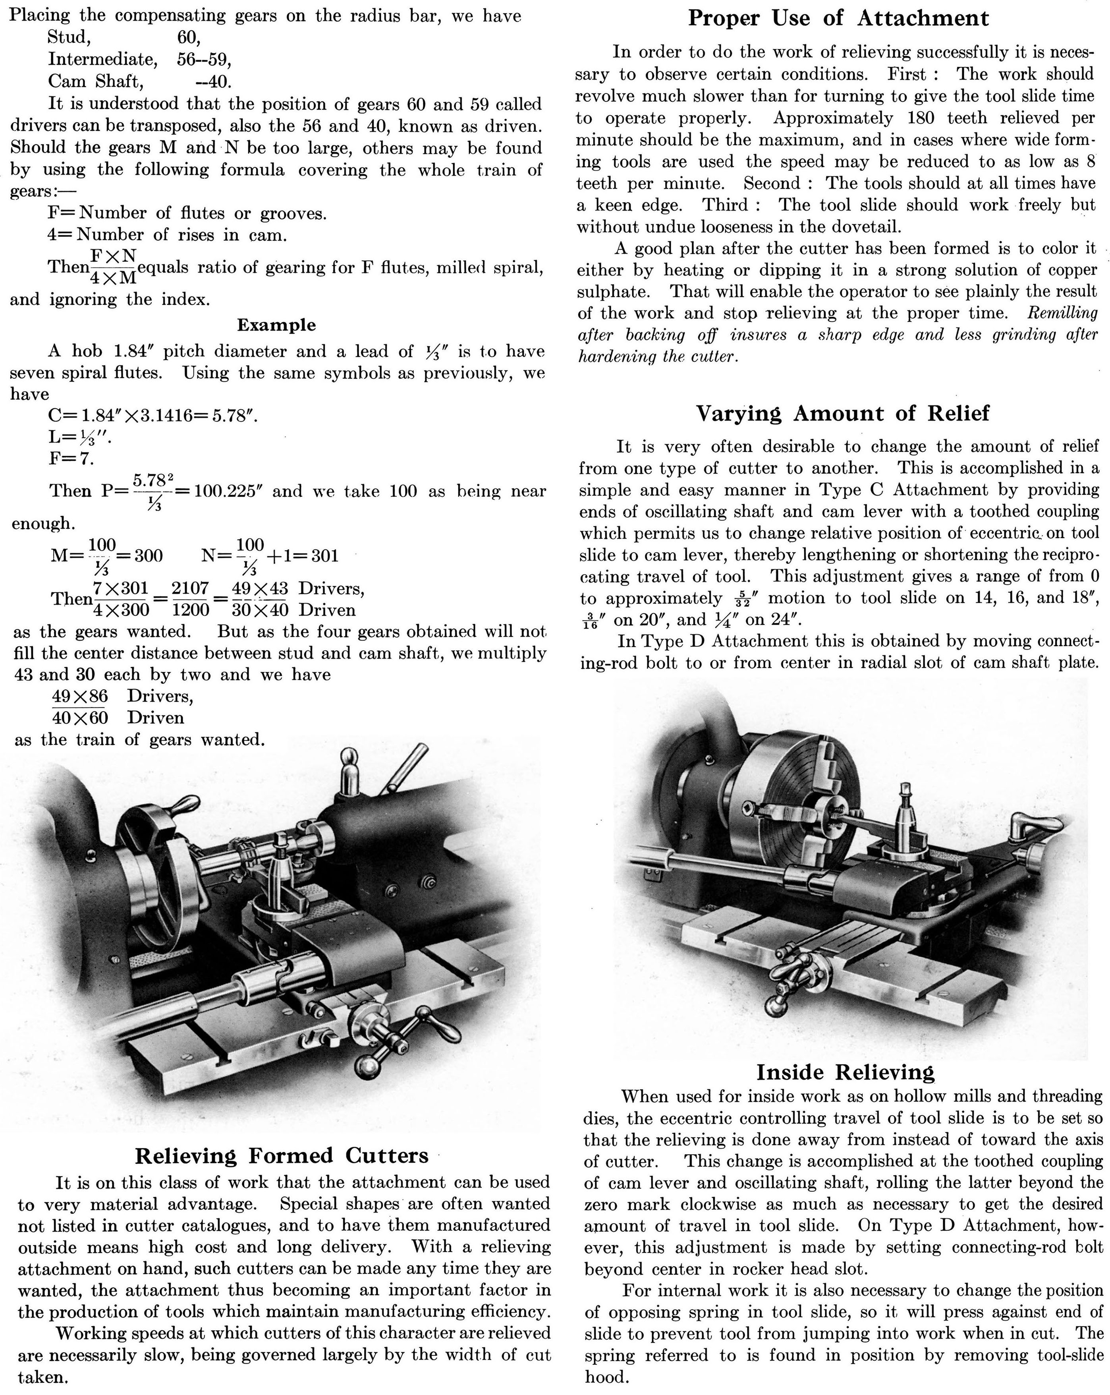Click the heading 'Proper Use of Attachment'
pyautogui.click(x=838, y=18)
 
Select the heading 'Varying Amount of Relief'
pyautogui.click(x=842, y=413)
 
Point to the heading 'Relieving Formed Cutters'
pyautogui.click(x=282, y=1155)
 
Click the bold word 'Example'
pyautogui.click(x=276, y=325)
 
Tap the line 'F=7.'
pyautogui.click(x=71, y=459)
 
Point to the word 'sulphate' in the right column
pyautogui.click(x=612, y=292)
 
